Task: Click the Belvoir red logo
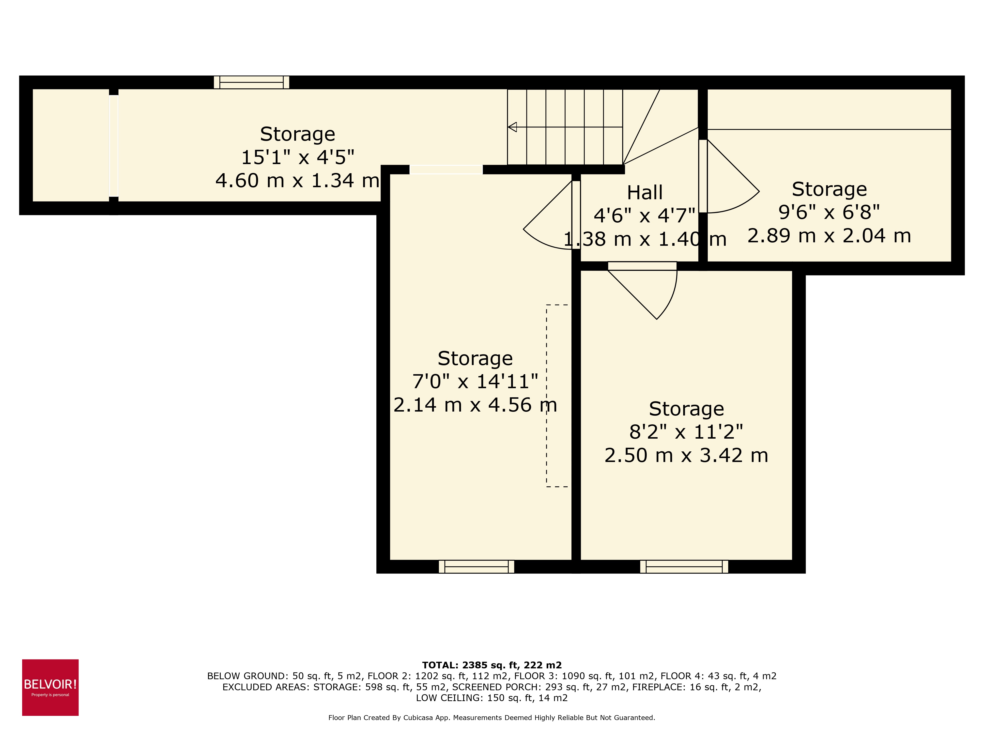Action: pos(50,687)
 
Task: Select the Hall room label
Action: pos(645,193)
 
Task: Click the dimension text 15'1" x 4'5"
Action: pos(298,157)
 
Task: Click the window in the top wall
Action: pos(251,82)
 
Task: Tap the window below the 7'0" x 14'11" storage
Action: pos(477,566)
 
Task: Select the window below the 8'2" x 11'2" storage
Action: pos(684,566)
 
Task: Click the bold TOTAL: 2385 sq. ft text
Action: pos(492,665)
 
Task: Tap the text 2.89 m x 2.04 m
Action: pos(829,236)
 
